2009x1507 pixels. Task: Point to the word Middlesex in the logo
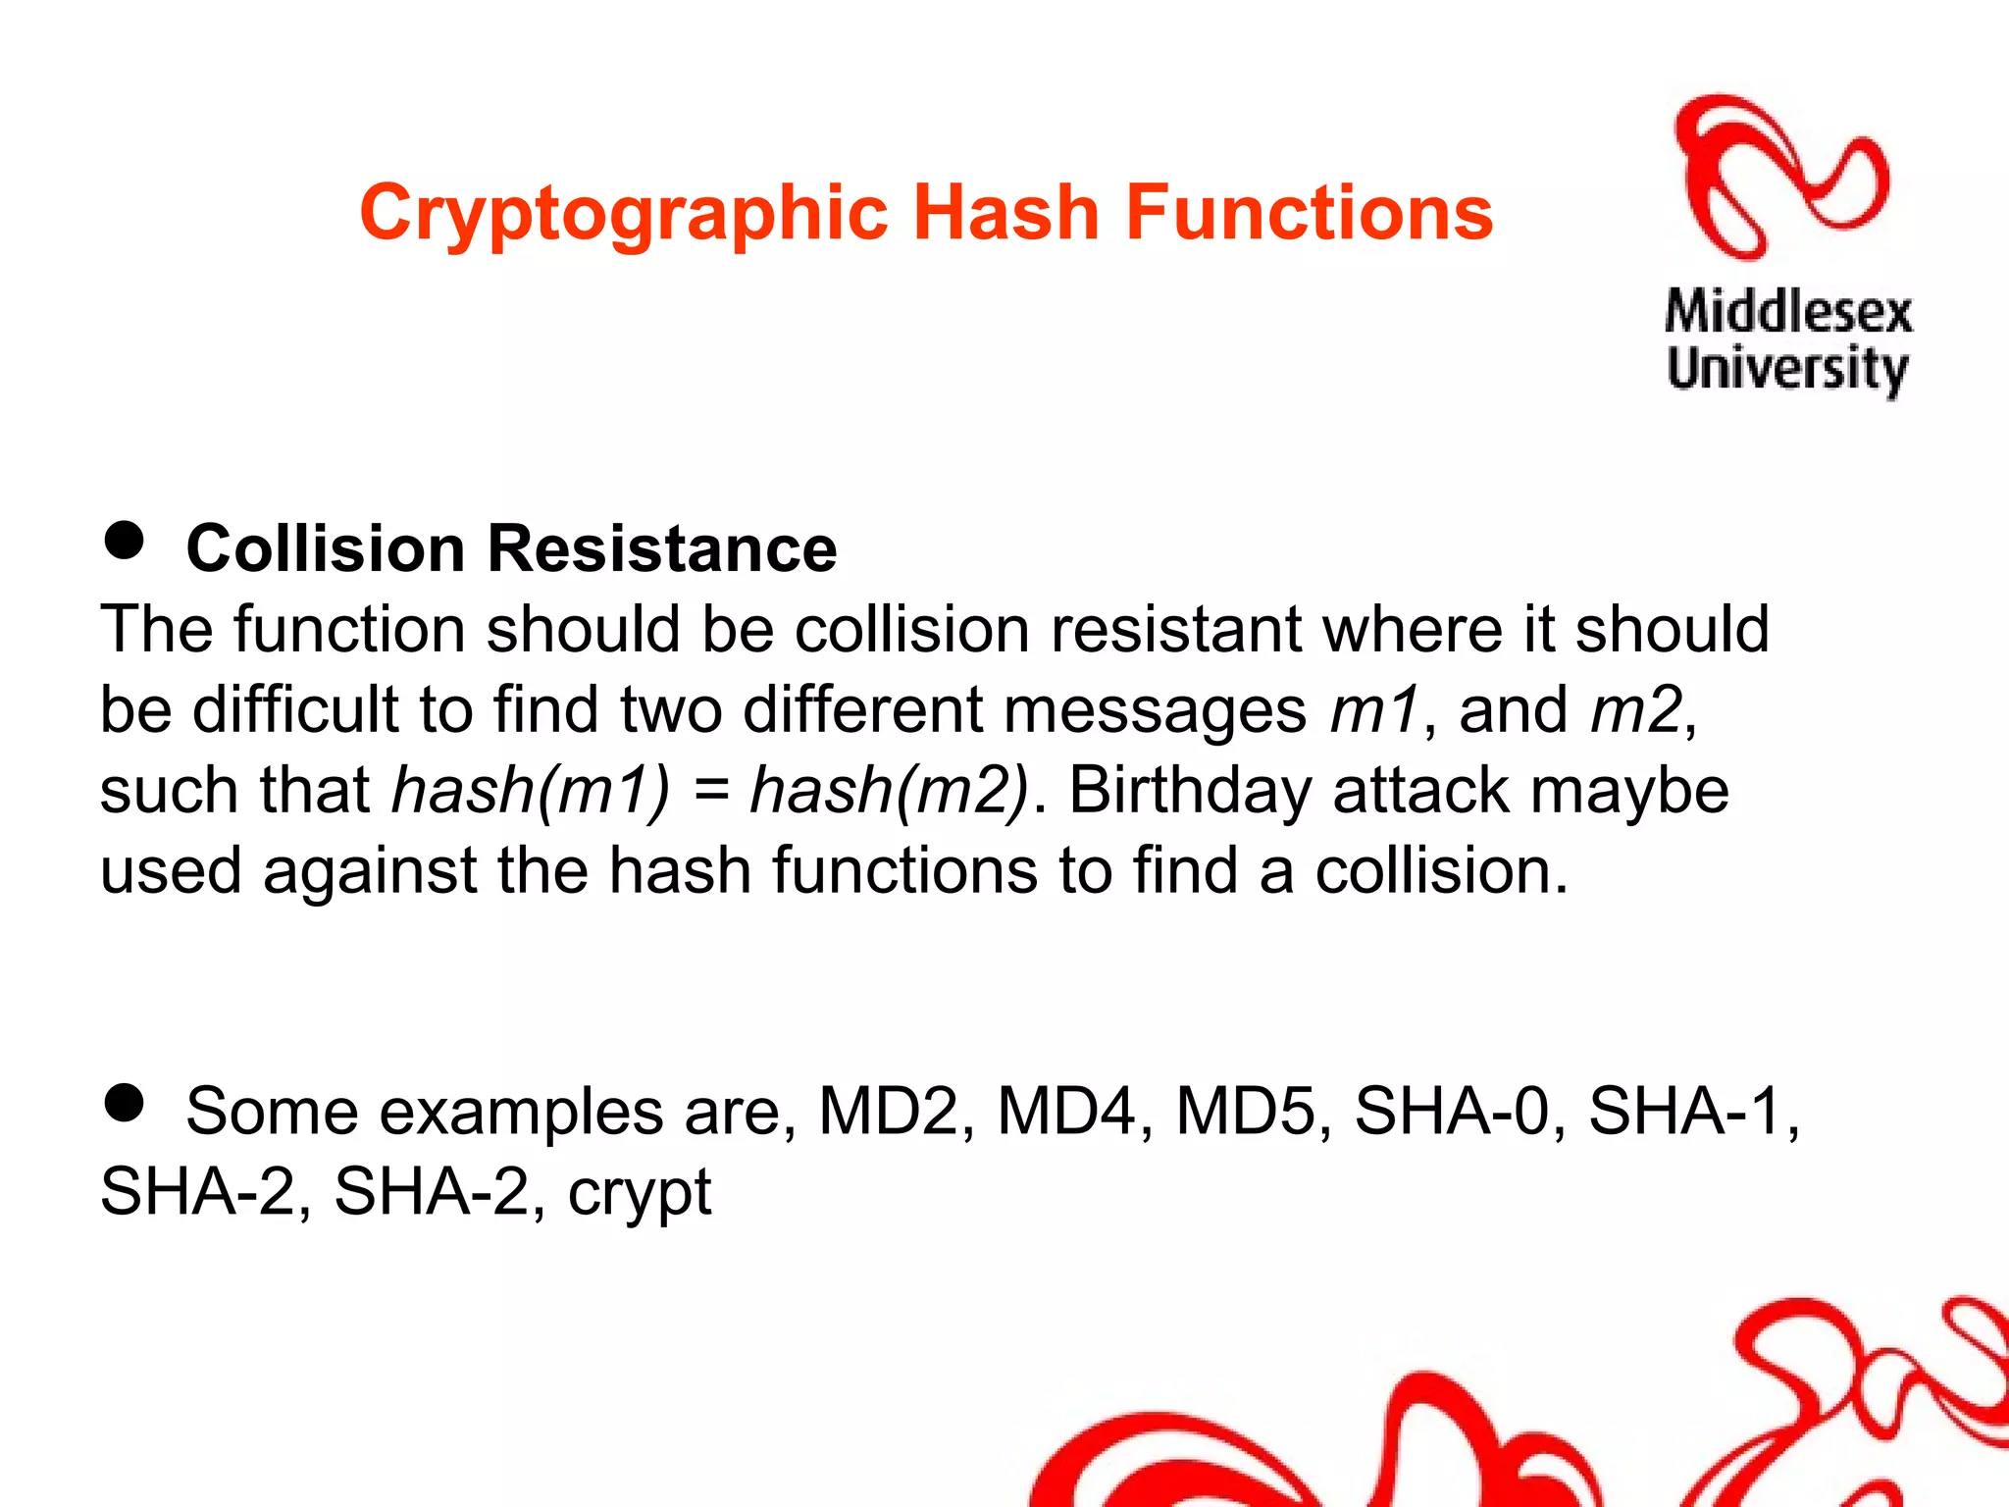1788,313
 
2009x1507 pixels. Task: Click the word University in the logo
1787,369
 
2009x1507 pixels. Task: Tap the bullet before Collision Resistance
124,541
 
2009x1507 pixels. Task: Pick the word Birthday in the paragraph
1189,790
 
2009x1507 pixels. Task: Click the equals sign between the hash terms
709,792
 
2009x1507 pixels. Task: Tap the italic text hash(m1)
531,790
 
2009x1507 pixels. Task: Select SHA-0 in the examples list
1452,1111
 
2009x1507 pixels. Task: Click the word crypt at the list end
640,1193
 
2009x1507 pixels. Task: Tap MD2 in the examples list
887,1111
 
